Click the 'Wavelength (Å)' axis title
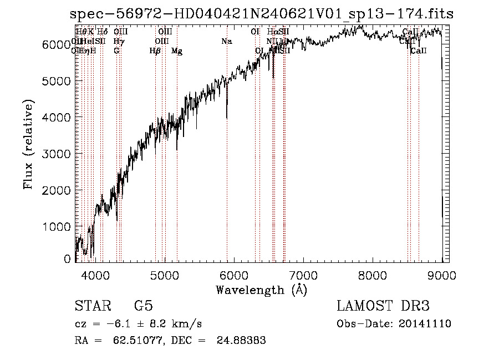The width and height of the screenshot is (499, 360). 261,290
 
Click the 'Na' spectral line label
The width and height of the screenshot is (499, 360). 226,42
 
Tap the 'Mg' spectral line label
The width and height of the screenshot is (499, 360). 177,52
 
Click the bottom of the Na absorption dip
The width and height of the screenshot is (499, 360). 227,118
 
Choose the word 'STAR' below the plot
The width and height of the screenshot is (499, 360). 92,306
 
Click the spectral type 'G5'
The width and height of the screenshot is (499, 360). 143,306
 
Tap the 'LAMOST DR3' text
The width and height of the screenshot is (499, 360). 383,306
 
